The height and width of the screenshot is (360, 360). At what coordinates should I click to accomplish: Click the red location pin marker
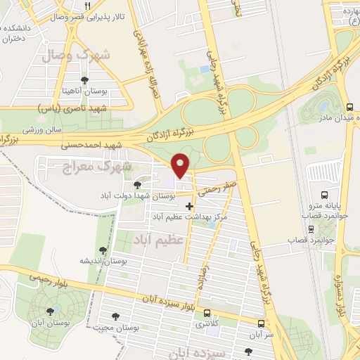[x=181, y=165]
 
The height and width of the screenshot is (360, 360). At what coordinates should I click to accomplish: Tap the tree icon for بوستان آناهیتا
[x=85, y=79]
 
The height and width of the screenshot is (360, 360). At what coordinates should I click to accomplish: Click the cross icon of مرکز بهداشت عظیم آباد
[x=188, y=206]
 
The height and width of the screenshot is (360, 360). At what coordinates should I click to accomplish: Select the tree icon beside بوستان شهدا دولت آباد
[x=136, y=184]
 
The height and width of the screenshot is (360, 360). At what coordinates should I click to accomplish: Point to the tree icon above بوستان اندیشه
[x=103, y=250]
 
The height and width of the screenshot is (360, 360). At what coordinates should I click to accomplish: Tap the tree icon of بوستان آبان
[x=49, y=312]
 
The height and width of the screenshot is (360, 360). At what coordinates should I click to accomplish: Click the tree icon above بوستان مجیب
[x=115, y=316]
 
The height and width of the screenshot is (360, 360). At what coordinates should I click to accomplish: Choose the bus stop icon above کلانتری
[x=207, y=313]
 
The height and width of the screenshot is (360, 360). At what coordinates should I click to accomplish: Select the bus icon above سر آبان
[x=262, y=324]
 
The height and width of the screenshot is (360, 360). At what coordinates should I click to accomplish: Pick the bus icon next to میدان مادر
[x=349, y=107]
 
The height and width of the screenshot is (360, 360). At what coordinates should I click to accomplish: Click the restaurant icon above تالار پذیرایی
[x=87, y=4]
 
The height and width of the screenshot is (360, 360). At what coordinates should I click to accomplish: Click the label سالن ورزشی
[x=42, y=130]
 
